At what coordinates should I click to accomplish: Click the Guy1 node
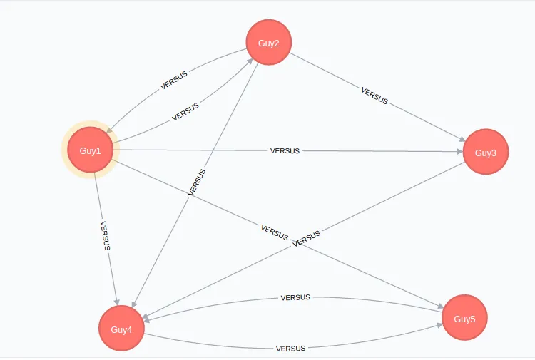coord(91,150)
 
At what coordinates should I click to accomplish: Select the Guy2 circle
coord(269,43)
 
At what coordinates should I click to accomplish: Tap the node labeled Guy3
coord(486,153)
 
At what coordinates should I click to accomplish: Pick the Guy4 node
coord(121,329)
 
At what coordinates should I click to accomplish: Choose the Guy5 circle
coord(464,318)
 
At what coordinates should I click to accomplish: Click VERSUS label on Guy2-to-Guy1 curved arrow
coord(174,79)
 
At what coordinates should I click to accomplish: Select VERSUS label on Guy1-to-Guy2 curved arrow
coord(185,112)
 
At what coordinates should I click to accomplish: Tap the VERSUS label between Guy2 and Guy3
coord(374,96)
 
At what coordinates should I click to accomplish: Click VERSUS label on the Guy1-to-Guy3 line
coord(285,150)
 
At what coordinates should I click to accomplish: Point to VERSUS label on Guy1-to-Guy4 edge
coord(105,235)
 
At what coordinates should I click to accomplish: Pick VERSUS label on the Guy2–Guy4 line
coord(197,182)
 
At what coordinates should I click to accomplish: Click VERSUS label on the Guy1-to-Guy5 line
coord(275,231)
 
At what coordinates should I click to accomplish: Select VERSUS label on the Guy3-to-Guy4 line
coord(307,238)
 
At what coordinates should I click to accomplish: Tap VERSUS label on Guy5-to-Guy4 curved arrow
coord(295,297)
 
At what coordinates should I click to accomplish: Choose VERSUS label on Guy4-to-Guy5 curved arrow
coord(290,349)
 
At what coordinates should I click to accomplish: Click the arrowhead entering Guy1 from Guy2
coord(111,131)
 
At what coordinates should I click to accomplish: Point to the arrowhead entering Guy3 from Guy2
coord(460,140)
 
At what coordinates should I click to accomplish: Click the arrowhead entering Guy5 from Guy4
coord(439,327)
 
